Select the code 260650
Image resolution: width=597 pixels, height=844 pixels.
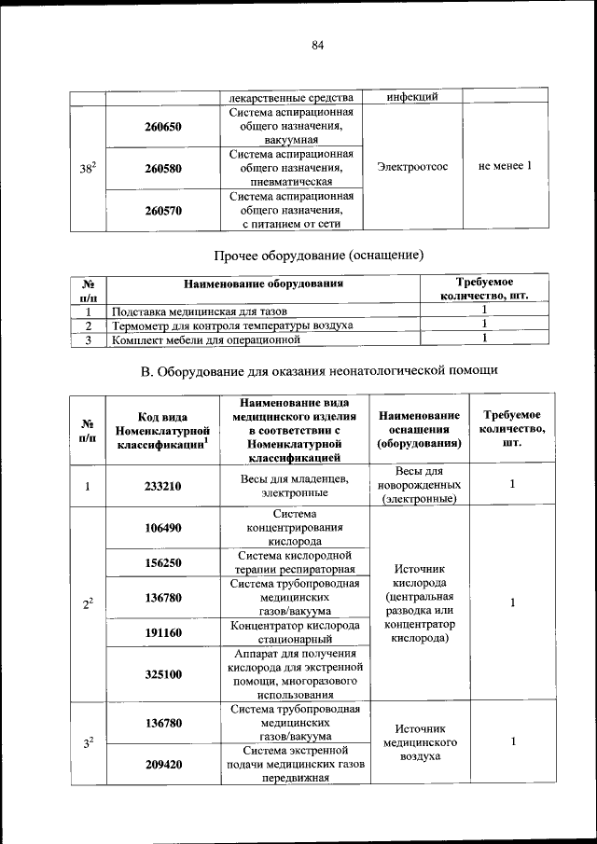point(163,126)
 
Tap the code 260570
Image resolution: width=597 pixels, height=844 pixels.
point(163,211)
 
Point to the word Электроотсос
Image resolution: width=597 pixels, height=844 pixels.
point(412,167)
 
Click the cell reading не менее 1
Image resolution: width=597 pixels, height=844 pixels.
point(505,167)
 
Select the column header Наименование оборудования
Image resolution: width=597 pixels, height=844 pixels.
point(264,283)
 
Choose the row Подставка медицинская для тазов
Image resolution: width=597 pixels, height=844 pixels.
point(200,311)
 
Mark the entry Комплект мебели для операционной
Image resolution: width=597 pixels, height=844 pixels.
point(206,339)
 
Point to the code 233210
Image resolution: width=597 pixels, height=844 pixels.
point(163,486)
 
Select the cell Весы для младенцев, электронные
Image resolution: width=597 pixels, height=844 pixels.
point(295,486)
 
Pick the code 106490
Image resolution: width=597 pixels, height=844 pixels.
point(163,528)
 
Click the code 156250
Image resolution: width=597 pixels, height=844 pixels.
point(163,562)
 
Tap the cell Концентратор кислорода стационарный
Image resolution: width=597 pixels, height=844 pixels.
point(295,632)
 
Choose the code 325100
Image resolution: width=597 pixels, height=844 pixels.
point(163,674)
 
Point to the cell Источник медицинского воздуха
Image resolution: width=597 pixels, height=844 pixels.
point(420,742)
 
